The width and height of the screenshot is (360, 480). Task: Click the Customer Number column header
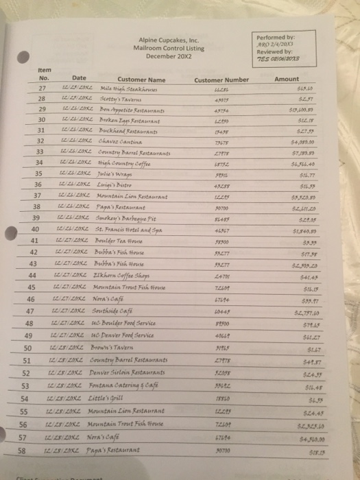pos(221,80)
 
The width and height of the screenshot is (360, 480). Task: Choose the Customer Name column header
pos(141,80)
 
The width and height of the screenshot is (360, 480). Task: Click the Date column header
pos(79,78)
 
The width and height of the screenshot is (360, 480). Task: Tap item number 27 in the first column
pos(42,88)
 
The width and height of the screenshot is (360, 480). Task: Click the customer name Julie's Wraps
pos(116,173)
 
